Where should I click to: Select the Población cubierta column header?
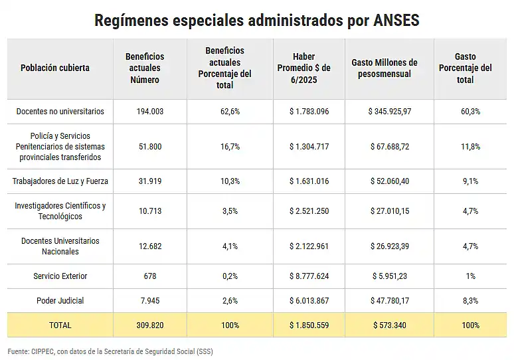(55, 68)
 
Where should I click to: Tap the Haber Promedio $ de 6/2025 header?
(309, 68)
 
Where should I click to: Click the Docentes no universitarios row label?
(60, 112)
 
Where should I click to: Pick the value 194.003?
(150, 112)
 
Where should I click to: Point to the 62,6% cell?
(230, 112)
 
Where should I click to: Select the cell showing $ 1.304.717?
(309, 146)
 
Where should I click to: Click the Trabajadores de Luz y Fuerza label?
(60, 181)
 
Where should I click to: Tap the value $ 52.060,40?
(389, 181)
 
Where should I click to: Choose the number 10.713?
(150, 211)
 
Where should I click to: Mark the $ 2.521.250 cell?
(309, 211)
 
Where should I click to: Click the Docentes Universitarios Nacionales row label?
(60, 246)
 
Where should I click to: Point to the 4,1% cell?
(230, 246)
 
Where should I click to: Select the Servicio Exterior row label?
(60, 276)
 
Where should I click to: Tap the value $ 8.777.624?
(309, 276)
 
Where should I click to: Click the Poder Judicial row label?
(60, 301)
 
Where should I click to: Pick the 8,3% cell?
(470, 301)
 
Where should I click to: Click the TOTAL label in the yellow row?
(60, 325)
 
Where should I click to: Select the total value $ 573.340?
(389, 325)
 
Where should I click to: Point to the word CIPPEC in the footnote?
(44, 351)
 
